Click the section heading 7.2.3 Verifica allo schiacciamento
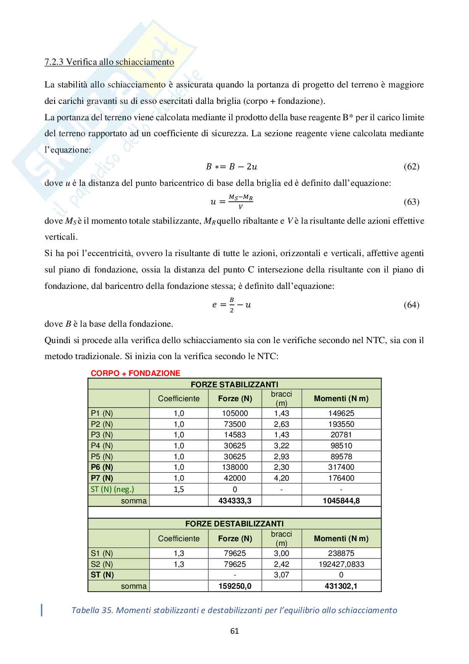click(109, 62)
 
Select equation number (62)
click(411, 167)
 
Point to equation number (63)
click(411, 202)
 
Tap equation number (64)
click(411, 305)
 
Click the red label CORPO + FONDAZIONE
click(135, 373)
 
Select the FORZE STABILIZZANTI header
click(234, 384)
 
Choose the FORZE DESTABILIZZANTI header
click(234, 524)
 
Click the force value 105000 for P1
click(235, 413)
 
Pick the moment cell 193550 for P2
click(341, 424)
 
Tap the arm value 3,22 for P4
click(281, 446)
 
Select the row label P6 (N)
click(102, 467)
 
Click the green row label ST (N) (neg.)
click(112, 489)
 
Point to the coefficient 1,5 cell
click(179, 489)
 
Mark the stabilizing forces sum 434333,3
click(235, 501)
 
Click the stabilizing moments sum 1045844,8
click(341, 501)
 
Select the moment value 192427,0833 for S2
click(341, 564)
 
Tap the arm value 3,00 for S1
click(281, 553)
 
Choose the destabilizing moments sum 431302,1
click(341, 586)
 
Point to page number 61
click(234, 631)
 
